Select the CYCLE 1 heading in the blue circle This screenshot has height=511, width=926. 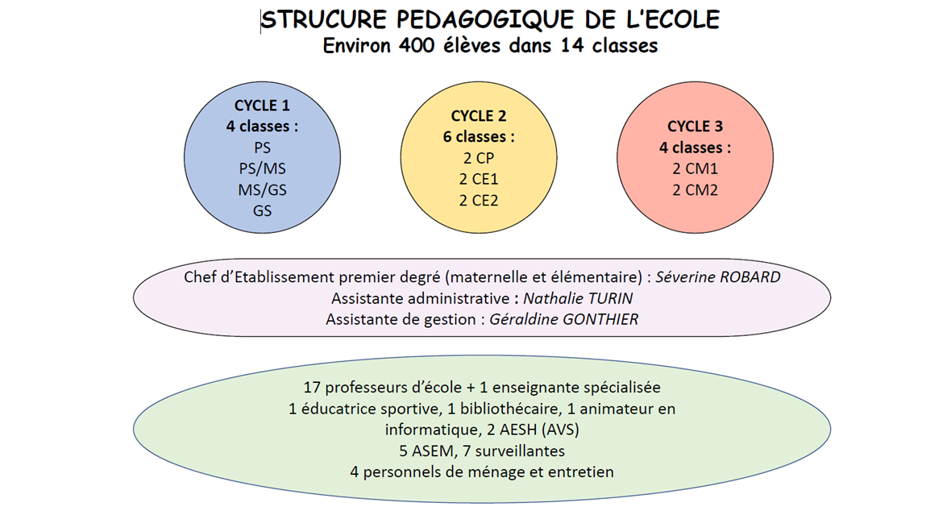262,106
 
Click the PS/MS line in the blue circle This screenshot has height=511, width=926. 262,169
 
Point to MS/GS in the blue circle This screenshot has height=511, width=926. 262,190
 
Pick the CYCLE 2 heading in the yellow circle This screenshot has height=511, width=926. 479,116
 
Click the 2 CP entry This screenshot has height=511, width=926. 479,158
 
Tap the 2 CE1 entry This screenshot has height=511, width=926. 479,179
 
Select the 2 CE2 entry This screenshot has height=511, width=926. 479,201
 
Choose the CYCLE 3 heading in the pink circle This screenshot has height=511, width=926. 695,127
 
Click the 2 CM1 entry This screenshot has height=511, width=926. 695,169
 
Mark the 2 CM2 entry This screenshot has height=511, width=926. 695,190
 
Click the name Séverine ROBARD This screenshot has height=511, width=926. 718,277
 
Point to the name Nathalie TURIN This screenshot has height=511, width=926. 578,298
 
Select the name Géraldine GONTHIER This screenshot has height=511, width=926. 564,320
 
